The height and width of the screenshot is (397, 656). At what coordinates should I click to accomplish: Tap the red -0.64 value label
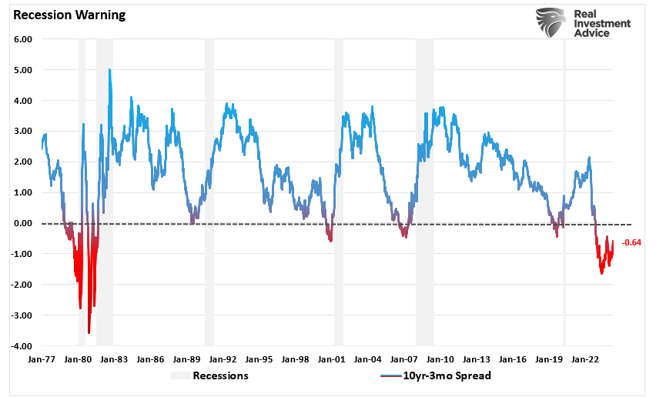click(632, 242)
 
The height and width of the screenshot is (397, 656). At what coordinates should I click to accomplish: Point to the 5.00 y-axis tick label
click(21, 70)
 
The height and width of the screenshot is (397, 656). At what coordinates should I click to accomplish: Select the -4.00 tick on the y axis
click(19, 346)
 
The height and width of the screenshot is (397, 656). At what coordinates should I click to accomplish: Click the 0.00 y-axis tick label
click(21, 223)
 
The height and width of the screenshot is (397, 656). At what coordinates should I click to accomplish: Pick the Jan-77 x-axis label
click(41, 359)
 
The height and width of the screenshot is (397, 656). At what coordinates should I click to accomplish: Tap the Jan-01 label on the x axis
click(331, 359)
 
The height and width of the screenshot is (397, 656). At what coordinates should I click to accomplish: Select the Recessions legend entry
click(220, 375)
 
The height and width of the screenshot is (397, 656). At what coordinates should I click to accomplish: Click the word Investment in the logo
click(603, 24)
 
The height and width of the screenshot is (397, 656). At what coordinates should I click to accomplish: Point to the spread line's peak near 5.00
click(109, 70)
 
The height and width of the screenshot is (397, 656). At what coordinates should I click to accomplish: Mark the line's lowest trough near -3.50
click(89, 332)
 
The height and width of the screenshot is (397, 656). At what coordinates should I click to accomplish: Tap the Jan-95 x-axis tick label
click(259, 359)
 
